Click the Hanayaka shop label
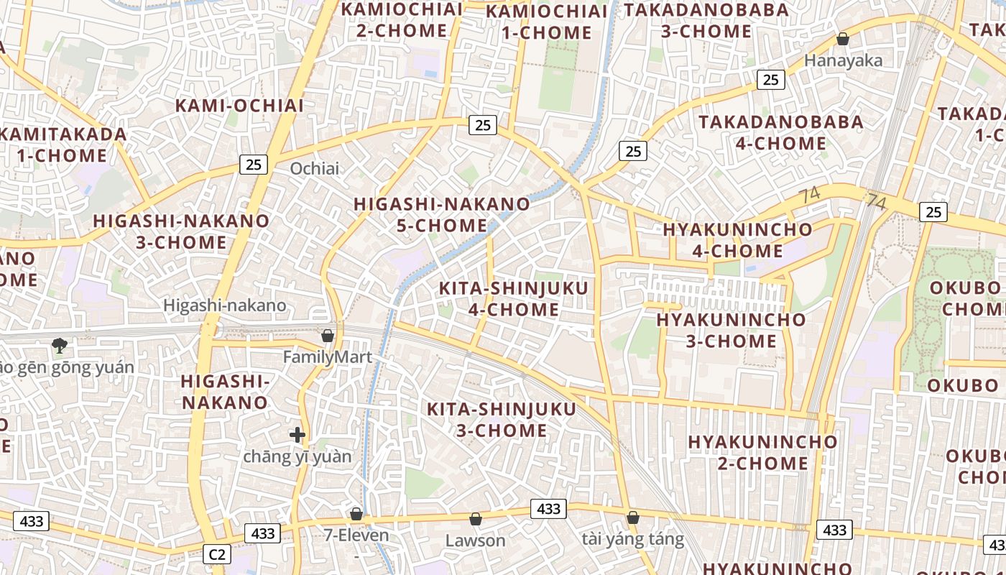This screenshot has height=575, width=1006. point(843,60)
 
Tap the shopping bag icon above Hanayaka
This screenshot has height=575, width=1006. point(843,39)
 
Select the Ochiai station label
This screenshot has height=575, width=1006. point(314,168)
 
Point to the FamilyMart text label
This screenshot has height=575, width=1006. point(328,357)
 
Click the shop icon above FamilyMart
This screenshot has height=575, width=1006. point(328,336)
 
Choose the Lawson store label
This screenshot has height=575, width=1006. point(475,540)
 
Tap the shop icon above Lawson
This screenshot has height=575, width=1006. point(475,519)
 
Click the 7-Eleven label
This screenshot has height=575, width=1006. point(356,535)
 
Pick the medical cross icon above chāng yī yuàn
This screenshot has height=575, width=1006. point(297,435)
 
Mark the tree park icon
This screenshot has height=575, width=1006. point(59,346)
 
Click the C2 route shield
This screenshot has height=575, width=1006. point(217,554)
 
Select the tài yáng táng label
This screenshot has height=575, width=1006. point(632,539)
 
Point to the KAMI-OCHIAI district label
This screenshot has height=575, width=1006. point(239,106)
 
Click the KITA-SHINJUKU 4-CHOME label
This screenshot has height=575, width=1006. point(513,299)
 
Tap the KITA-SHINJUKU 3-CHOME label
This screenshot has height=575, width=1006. point(502,420)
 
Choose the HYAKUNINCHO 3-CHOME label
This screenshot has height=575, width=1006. point(731,330)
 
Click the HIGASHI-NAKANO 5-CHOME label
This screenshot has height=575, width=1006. point(442,215)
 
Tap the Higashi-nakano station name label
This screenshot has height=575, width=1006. point(225,305)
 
